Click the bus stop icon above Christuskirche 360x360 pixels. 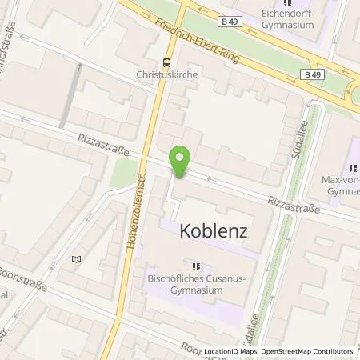tap(166, 63)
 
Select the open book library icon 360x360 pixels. tap(77, 258)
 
